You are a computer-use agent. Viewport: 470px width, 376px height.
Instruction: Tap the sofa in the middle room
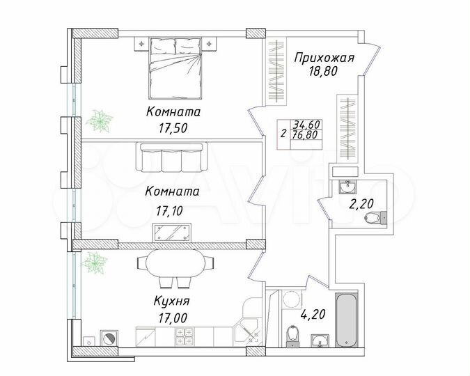pyautogui.click(x=171, y=157)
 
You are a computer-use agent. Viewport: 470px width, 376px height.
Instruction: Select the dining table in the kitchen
pyautogui.click(x=175, y=264)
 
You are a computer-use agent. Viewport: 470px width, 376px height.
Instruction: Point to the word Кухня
pyautogui.click(x=171, y=301)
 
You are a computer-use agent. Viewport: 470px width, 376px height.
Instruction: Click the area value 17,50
pyautogui.click(x=174, y=127)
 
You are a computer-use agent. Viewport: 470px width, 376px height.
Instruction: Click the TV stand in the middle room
pyautogui.click(x=171, y=231)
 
